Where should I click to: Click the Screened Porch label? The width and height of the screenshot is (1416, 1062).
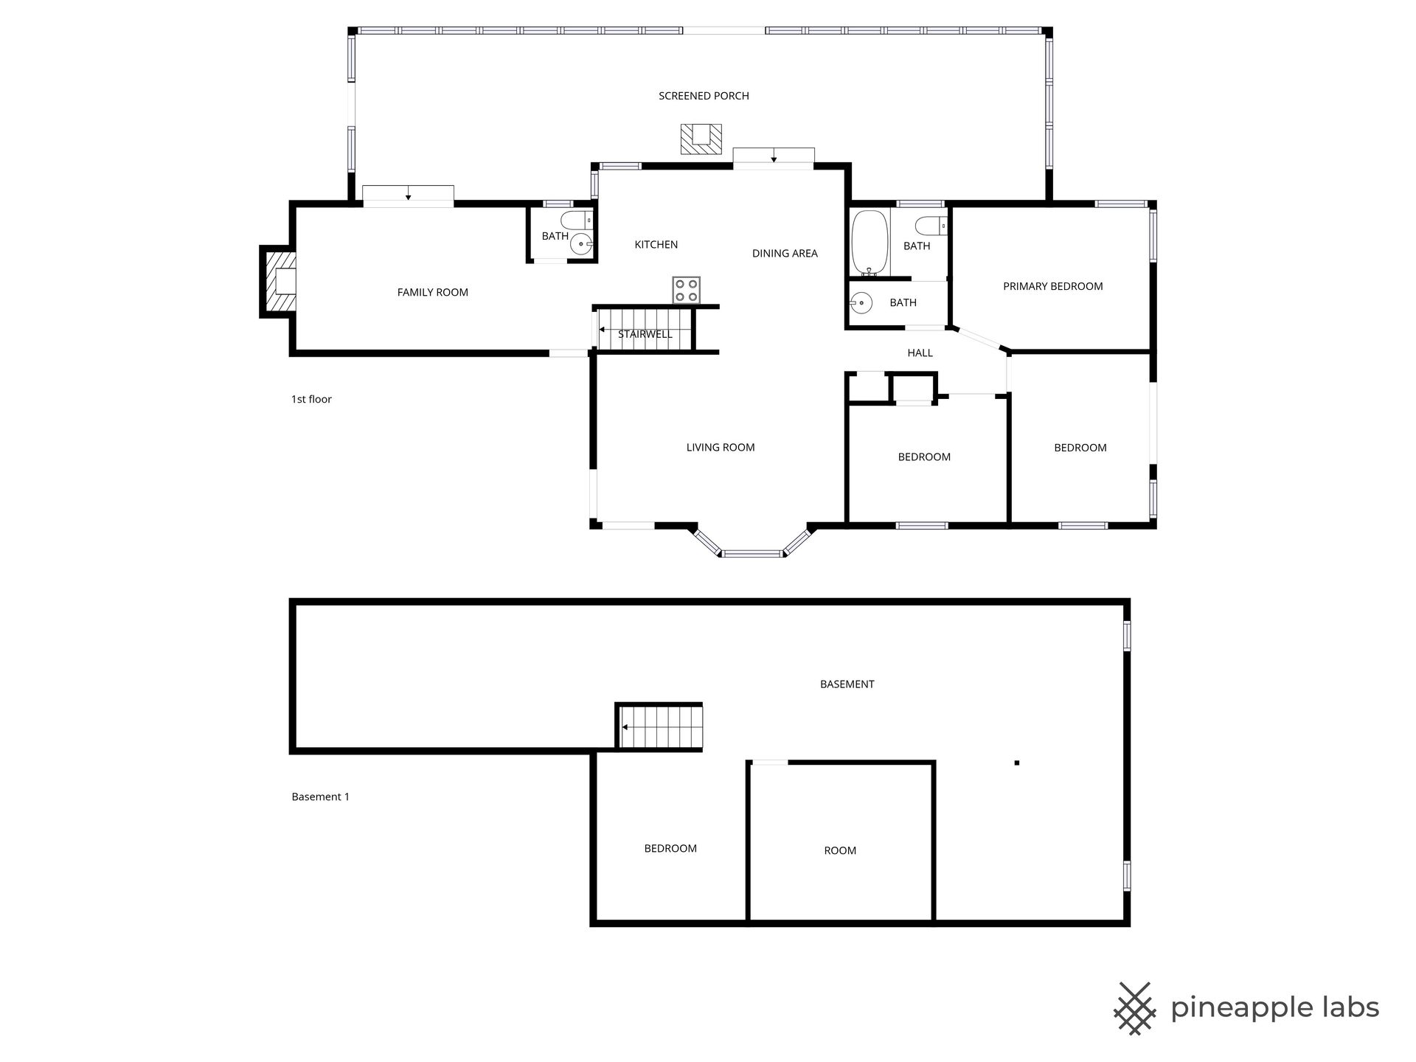point(704,96)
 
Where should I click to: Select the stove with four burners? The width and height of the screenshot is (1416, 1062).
point(686,289)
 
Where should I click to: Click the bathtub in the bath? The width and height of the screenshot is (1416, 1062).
point(870,243)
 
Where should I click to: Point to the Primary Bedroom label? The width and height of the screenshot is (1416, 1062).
point(1052,286)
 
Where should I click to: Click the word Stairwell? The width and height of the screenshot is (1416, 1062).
point(645,334)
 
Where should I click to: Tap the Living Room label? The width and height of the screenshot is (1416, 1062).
point(721,447)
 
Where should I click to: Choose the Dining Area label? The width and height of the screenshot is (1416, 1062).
point(785,253)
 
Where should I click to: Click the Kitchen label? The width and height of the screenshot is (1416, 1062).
point(656,244)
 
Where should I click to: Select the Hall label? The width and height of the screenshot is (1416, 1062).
point(920,353)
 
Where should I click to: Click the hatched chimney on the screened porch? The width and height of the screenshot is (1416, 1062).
point(701,139)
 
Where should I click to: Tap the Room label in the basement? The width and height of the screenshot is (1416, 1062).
point(840,850)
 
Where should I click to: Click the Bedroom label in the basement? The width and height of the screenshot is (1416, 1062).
point(670,848)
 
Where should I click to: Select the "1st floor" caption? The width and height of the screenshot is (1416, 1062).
point(311,399)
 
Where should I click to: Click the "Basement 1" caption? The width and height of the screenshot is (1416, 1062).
point(320,796)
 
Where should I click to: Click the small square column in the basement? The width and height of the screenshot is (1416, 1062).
point(1016,763)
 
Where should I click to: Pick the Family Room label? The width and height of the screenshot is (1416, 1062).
point(432,292)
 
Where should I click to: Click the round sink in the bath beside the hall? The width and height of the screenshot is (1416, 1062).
point(861,302)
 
